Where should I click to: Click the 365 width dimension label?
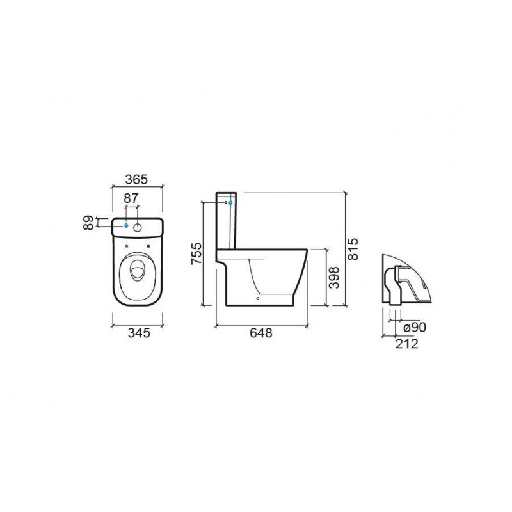[136, 179]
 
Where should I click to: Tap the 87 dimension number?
[131, 198]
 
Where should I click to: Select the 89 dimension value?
[88, 223]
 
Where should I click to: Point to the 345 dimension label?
[139, 333]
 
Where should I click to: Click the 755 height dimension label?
[196, 253]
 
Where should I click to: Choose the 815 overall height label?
[353, 249]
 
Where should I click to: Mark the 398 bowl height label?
[334, 278]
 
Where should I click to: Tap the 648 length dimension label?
[261, 333]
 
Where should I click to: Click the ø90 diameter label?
[415, 327]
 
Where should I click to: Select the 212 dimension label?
[407, 344]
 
